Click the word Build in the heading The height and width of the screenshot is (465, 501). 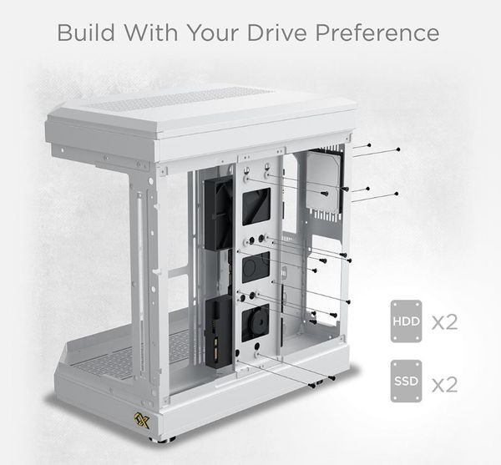pos(86,33)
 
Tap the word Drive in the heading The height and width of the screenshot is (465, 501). pos(276,33)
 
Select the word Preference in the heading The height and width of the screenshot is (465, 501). pos(377,33)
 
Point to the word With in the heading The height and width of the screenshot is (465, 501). pos(151,33)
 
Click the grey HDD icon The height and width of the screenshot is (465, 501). pos(406,321)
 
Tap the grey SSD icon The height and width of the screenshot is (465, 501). pos(406,381)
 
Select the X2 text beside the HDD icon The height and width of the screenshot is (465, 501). pos(445,322)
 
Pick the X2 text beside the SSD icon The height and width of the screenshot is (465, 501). pos(445,384)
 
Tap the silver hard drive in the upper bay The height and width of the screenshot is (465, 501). pos(324,181)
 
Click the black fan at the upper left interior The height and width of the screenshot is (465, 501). pos(219,213)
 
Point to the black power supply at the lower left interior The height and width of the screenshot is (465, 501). pos(219,332)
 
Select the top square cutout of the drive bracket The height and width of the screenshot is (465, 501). pos(256,206)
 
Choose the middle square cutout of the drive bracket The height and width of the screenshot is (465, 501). pos(256,267)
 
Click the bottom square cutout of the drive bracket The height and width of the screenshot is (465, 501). pos(256,322)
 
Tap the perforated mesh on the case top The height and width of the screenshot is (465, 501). pos(179,99)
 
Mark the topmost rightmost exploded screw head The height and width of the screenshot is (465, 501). pos(397,149)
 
